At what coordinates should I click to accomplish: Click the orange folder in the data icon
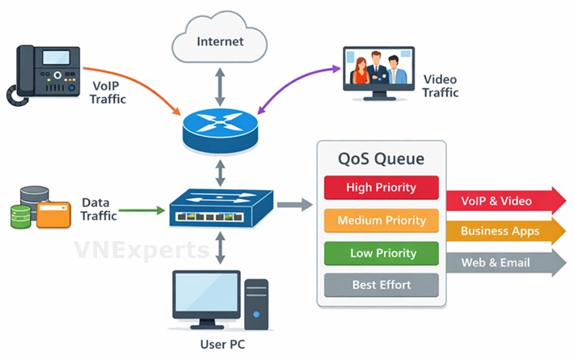tap(52, 214)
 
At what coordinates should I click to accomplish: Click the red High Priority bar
tap(381, 188)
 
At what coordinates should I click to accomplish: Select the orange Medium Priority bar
tap(381, 220)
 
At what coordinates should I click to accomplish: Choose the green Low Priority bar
tap(381, 253)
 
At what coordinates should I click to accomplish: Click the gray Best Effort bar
tap(381, 285)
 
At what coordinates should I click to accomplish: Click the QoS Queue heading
tap(381, 159)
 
